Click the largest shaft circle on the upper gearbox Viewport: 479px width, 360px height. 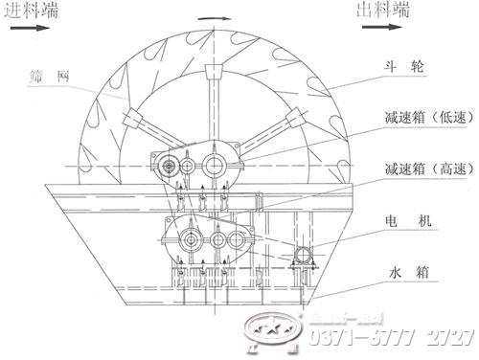click(212, 166)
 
